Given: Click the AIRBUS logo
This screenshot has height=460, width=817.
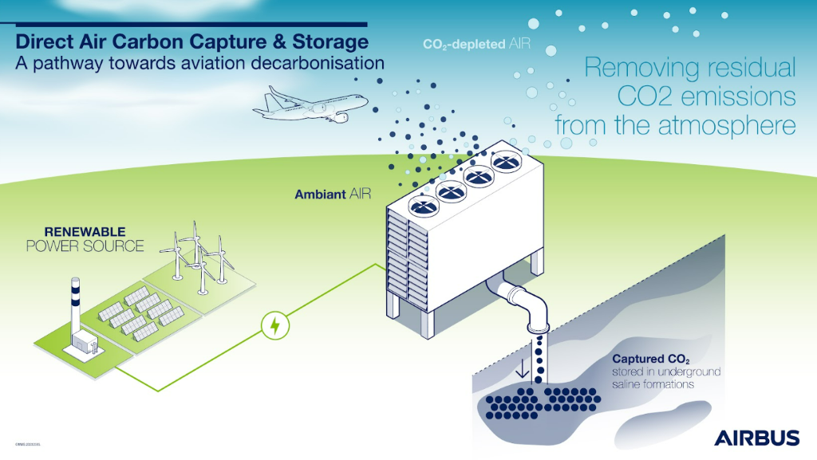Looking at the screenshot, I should pos(756,438).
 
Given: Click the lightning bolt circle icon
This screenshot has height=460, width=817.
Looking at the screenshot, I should pos(275,325).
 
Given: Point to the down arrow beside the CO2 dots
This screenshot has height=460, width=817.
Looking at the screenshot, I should pos(522,370).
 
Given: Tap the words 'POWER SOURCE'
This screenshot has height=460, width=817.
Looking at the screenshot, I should pos(85,246).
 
